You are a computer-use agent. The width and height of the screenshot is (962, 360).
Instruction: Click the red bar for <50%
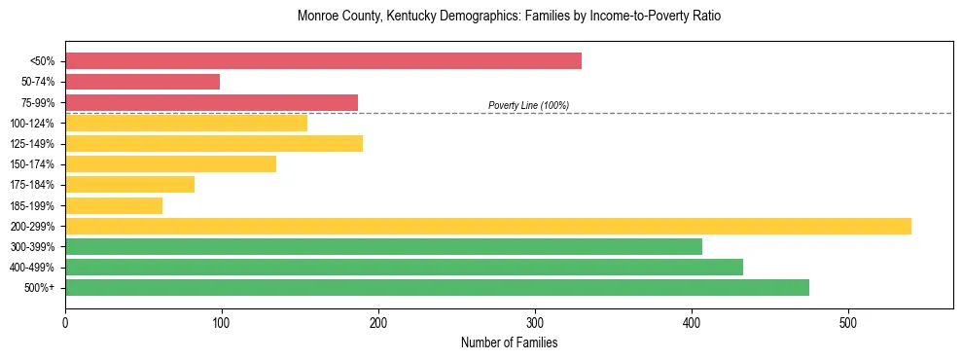tap(323, 61)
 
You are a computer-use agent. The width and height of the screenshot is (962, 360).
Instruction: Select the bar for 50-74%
tap(143, 82)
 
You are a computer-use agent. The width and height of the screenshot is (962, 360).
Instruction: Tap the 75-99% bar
tap(211, 102)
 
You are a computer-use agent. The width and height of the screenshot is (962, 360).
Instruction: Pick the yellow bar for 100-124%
tap(186, 123)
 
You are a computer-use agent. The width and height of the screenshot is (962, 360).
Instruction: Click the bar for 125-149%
tap(214, 144)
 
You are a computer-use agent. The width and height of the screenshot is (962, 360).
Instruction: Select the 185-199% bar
tap(114, 205)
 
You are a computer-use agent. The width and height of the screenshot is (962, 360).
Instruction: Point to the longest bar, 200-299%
tap(488, 227)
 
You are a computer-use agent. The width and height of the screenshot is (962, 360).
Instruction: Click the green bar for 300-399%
tap(383, 247)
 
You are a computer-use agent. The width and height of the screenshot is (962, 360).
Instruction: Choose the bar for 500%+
tap(437, 288)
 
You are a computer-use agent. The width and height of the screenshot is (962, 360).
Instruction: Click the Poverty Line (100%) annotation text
tap(528, 105)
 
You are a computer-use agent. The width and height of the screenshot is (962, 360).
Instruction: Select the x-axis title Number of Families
tap(509, 342)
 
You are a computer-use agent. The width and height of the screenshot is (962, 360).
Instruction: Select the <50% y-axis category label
tap(43, 61)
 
